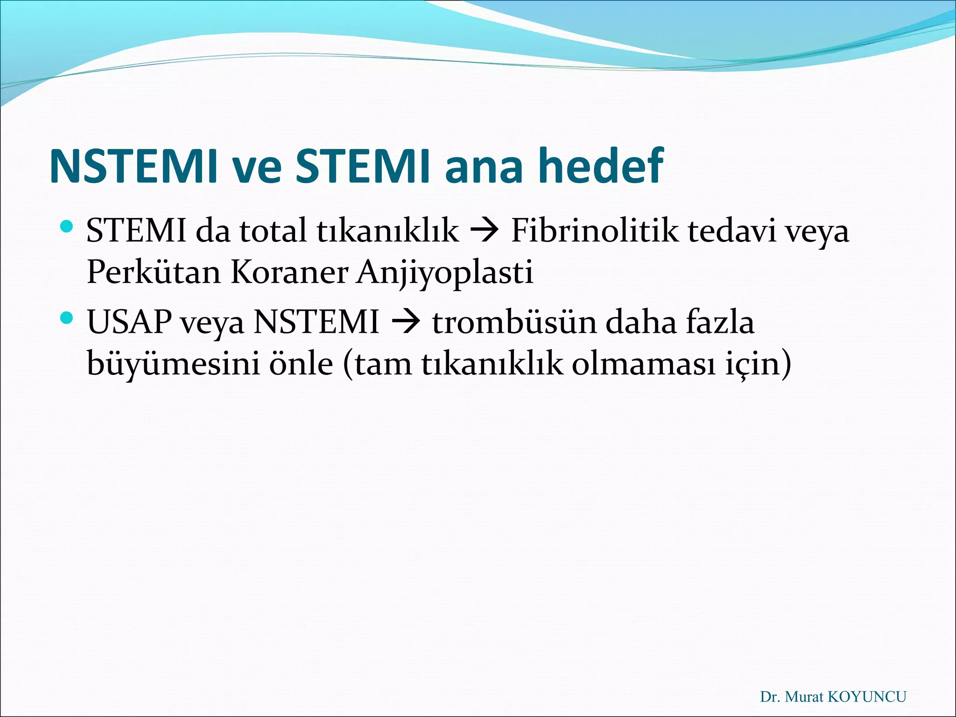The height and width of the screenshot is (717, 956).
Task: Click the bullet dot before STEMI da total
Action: pyautogui.click(x=67, y=227)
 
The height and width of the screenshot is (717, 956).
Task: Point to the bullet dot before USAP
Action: pyautogui.click(x=67, y=319)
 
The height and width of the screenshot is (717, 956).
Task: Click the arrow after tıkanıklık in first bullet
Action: pyautogui.click(x=485, y=231)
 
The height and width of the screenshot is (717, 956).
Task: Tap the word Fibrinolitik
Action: pyautogui.click(x=595, y=231)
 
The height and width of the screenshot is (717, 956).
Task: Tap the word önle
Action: pyautogui.click(x=301, y=364)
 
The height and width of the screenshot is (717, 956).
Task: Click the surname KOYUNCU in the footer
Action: pyautogui.click(x=866, y=697)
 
